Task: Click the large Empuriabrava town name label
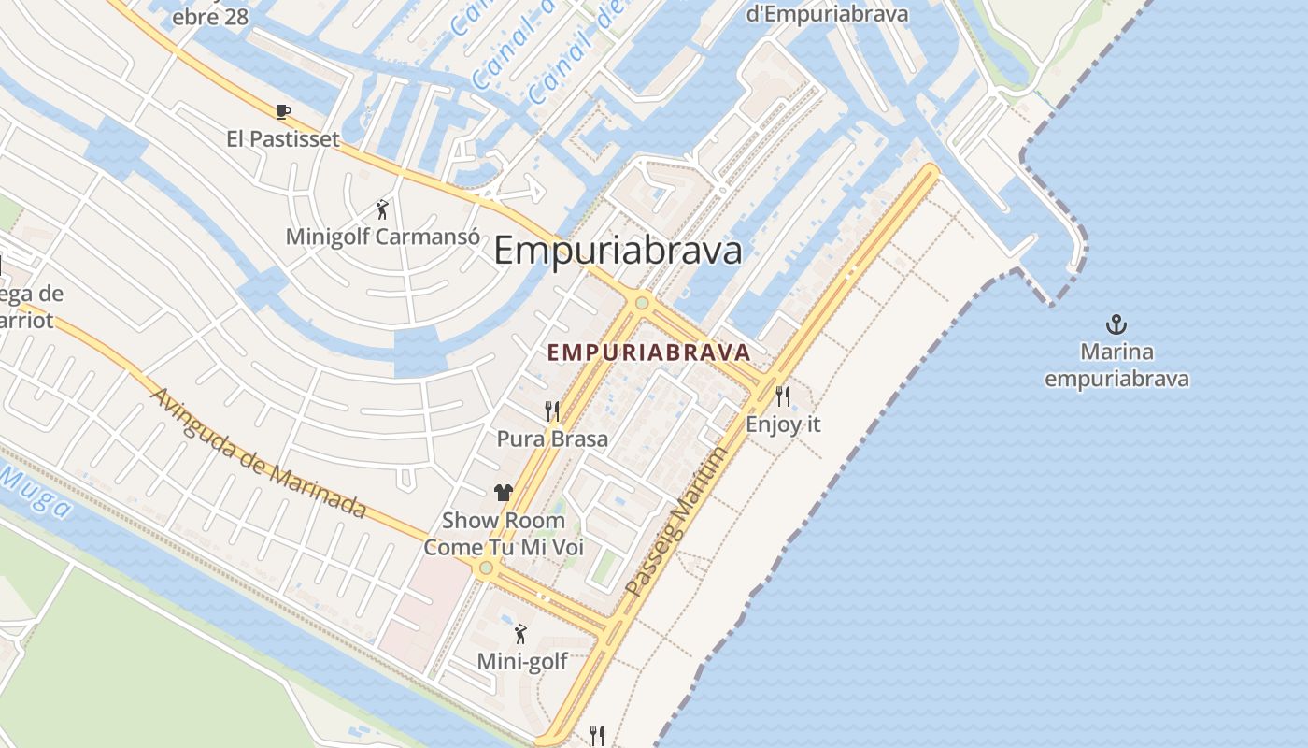pos(618,251)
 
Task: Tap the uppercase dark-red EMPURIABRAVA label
pos(649,352)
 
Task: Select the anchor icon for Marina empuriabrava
pos(1116,325)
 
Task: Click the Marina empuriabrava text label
pos(1116,366)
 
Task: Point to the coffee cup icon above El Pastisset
pos(283,112)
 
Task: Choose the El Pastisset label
pos(282,139)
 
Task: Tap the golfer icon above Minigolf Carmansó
pos(381,209)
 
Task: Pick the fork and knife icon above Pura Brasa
pos(552,410)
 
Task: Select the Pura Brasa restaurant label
pos(552,439)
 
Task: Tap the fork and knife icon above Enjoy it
pos(783,396)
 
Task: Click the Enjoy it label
pos(783,424)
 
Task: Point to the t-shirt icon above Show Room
pos(504,493)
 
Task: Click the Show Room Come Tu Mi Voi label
pos(504,533)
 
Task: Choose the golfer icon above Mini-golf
pos(521,635)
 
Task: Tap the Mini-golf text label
pos(522,662)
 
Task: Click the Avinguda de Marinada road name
pos(257,453)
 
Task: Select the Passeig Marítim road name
pos(676,521)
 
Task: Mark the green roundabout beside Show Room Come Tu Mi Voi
pos(485,568)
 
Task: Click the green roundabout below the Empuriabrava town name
pos(641,303)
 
